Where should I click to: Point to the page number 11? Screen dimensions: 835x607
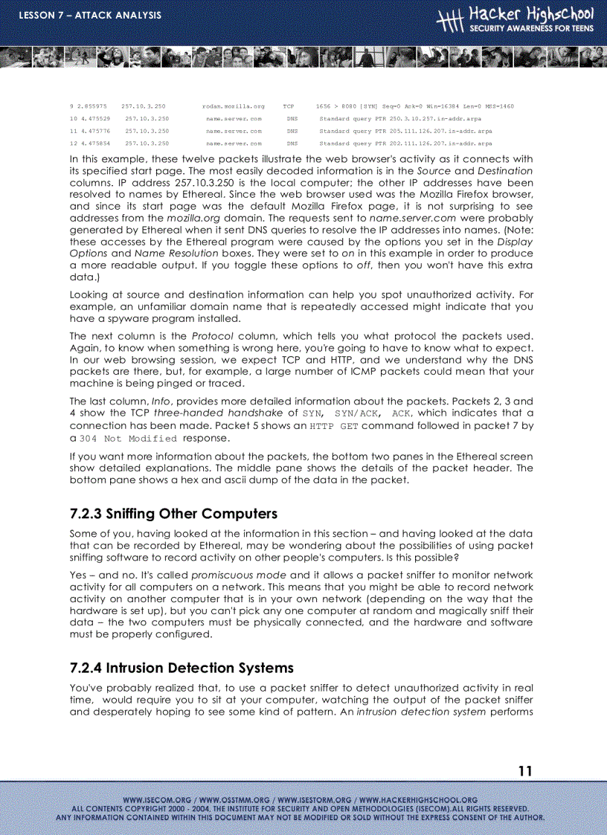click(x=525, y=771)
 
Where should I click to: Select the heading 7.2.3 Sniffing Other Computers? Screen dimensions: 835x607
click(x=173, y=514)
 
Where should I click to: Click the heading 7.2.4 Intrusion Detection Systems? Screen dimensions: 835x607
click(x=182, y=668)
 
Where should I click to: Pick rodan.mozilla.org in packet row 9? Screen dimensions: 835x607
click(x=233, y=106)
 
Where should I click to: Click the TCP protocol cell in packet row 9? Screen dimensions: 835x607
click(x=289, y=106)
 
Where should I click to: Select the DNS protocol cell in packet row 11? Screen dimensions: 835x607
click(x=292, y=131)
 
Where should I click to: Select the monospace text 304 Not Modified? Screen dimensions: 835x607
click(x=129, y=439)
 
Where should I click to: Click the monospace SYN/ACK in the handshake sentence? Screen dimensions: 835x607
click(x=356, y=413)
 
